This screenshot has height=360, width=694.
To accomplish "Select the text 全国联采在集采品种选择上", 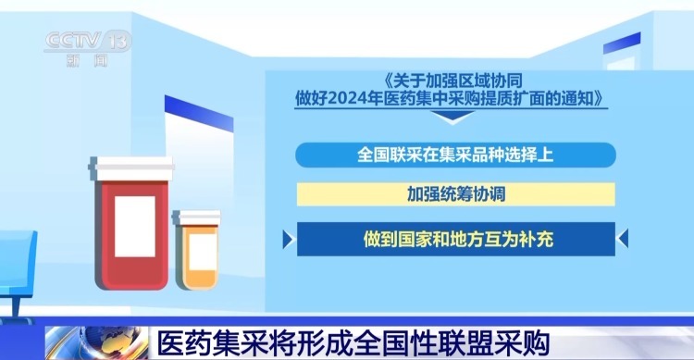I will [x=455, y=155].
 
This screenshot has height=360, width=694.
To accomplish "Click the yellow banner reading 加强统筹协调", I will [x=455, y=195].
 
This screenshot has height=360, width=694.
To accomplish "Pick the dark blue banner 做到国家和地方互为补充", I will [x=455, y=238].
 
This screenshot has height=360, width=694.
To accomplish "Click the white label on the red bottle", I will [x=135, y=227].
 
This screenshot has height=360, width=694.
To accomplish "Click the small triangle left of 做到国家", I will [x=303, y=239].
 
